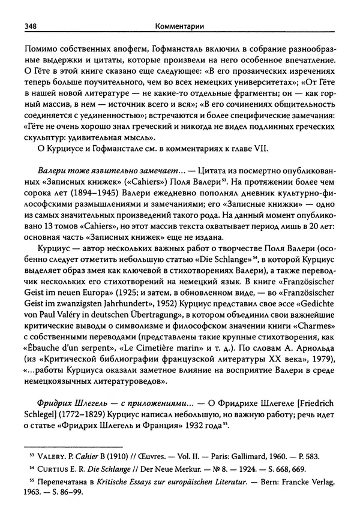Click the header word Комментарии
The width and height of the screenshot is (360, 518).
[x=179, y=26]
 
